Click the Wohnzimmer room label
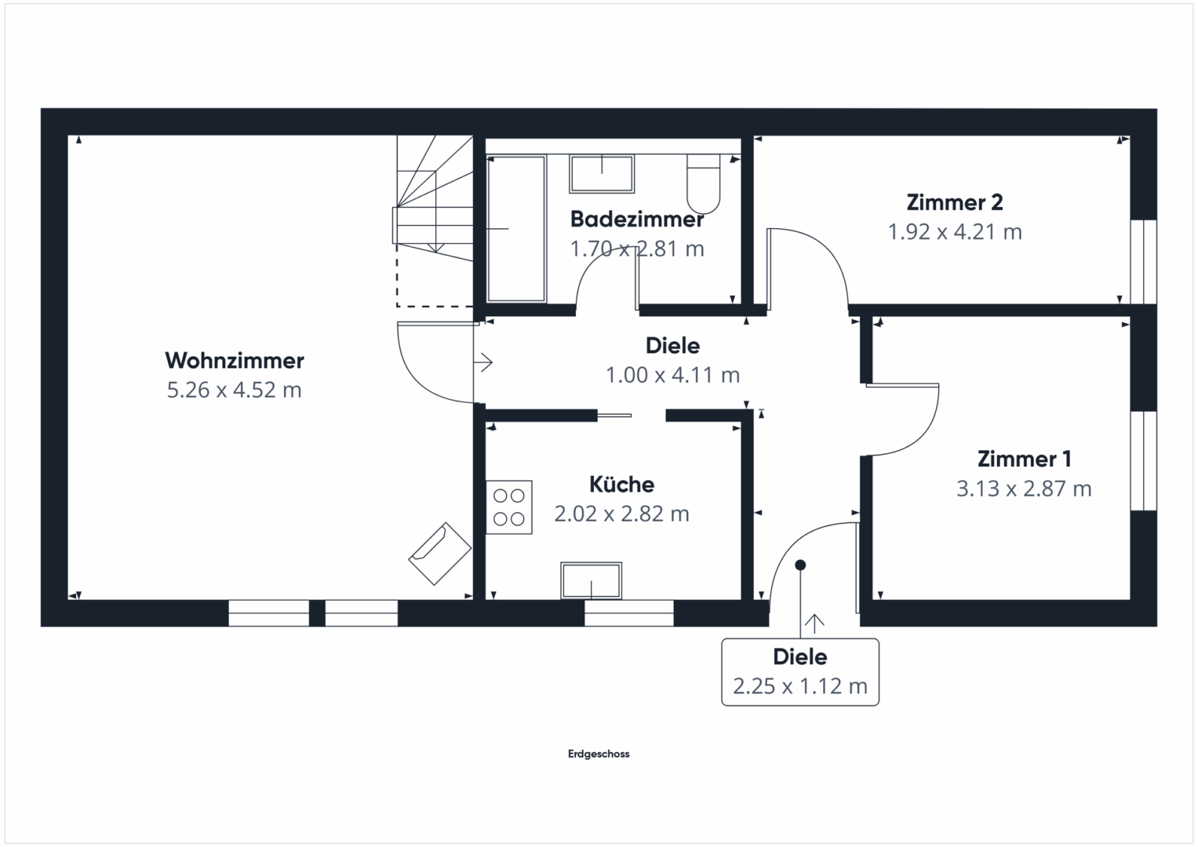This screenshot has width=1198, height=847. coord(234,361)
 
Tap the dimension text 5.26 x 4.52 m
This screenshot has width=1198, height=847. coord(234,390)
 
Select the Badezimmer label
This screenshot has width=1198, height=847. coord(636,220)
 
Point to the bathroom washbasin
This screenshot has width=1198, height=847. coord(602,174)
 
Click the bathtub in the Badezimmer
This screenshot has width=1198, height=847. coord(516,228)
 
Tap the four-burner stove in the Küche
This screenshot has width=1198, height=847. coord(508,507)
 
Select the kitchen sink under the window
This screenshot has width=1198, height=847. coord(591,581)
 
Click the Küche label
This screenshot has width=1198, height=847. coord(621,484)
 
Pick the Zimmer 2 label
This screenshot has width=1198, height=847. coord(954,202)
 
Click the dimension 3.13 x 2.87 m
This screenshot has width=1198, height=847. coord(1023,489)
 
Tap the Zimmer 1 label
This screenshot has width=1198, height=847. coord(1023,459)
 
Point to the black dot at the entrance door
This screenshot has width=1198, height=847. coord(800,565)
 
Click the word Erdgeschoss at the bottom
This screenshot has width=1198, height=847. coord(599,754)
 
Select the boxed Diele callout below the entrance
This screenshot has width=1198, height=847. coord(799,672)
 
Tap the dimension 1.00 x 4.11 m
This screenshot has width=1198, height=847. coord(672,375)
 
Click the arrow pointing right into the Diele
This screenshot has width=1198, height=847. coord(484,362)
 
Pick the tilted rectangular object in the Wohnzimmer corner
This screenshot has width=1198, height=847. coord(439,554)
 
